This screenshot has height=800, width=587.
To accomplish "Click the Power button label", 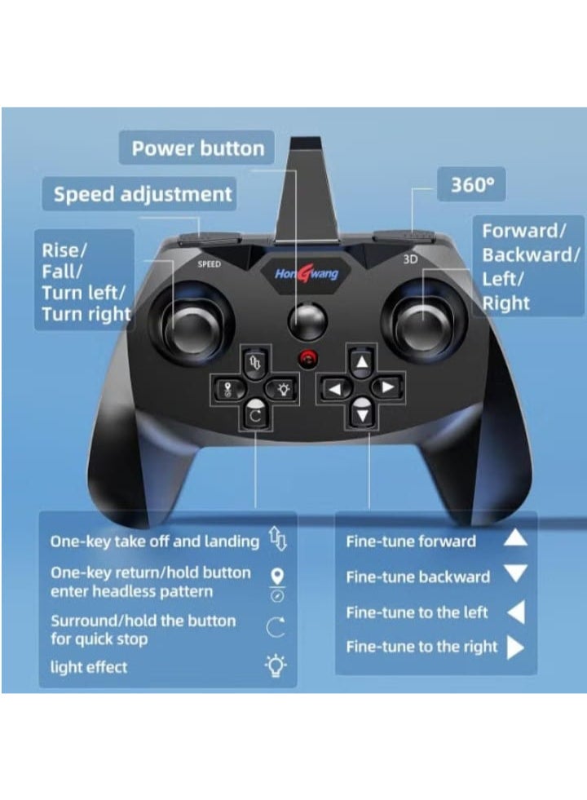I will click(198, 148).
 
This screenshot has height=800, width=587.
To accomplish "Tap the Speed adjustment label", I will click(143, 195).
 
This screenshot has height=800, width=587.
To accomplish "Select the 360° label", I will click(472, 185).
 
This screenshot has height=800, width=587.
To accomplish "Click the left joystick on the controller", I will click(192, 326).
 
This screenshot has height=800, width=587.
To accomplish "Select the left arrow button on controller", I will click(336, 389).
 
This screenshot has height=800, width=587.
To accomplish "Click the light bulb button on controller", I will click(281, 388).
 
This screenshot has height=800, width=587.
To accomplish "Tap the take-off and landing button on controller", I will click(254, 363).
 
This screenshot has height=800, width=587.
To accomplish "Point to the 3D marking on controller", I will click(410, 261).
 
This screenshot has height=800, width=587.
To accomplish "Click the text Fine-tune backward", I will click(418, 577).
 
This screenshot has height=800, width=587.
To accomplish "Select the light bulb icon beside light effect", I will click(276, 667).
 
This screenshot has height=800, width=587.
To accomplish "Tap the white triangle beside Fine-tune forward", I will click(515, 538).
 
